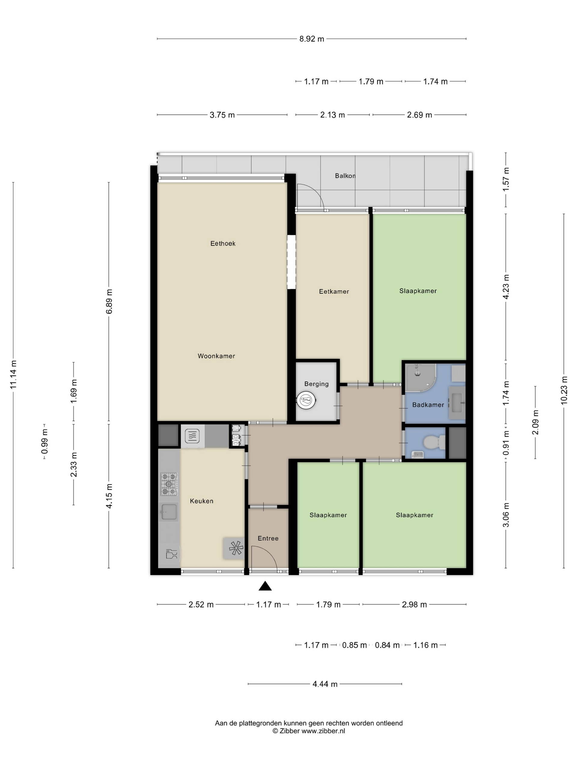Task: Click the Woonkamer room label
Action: tap(216, 356)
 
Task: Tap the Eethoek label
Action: tap(223, 244)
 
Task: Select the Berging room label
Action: tap(316, 384)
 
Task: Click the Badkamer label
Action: tap(428, 405)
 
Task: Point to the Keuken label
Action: tap(202, 501)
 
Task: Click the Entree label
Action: tap(268, 538)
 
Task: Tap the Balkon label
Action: tap(345, 176)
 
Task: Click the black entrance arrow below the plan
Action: tap(265, 586)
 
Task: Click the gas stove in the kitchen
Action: tap(169, 484)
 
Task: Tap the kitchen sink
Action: tap(169, 512)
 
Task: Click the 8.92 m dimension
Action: tap(312, 39)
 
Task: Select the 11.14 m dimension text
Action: tap(13, 375)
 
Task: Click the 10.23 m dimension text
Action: tap(564, 390)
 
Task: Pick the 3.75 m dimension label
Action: tap(222, 115)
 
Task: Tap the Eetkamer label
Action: tap(334, 292)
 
